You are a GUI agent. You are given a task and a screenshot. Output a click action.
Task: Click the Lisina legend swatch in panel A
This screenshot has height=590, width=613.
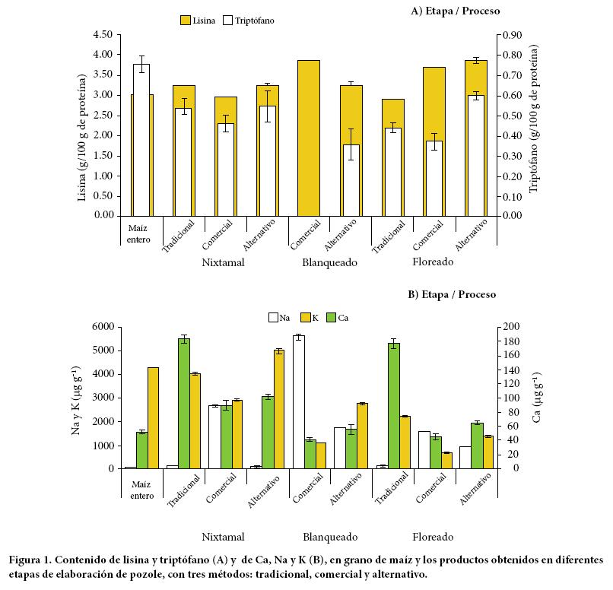186,20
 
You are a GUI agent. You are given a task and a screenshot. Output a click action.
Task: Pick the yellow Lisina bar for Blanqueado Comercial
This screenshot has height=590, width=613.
309,138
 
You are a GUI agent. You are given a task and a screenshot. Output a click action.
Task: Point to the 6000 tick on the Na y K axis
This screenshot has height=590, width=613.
103,327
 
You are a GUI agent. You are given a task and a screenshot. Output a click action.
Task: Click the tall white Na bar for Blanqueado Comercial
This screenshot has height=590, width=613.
299,402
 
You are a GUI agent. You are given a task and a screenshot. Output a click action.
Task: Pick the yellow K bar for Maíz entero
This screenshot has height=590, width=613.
153,418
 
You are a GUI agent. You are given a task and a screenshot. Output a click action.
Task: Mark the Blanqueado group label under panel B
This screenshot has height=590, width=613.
330,536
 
